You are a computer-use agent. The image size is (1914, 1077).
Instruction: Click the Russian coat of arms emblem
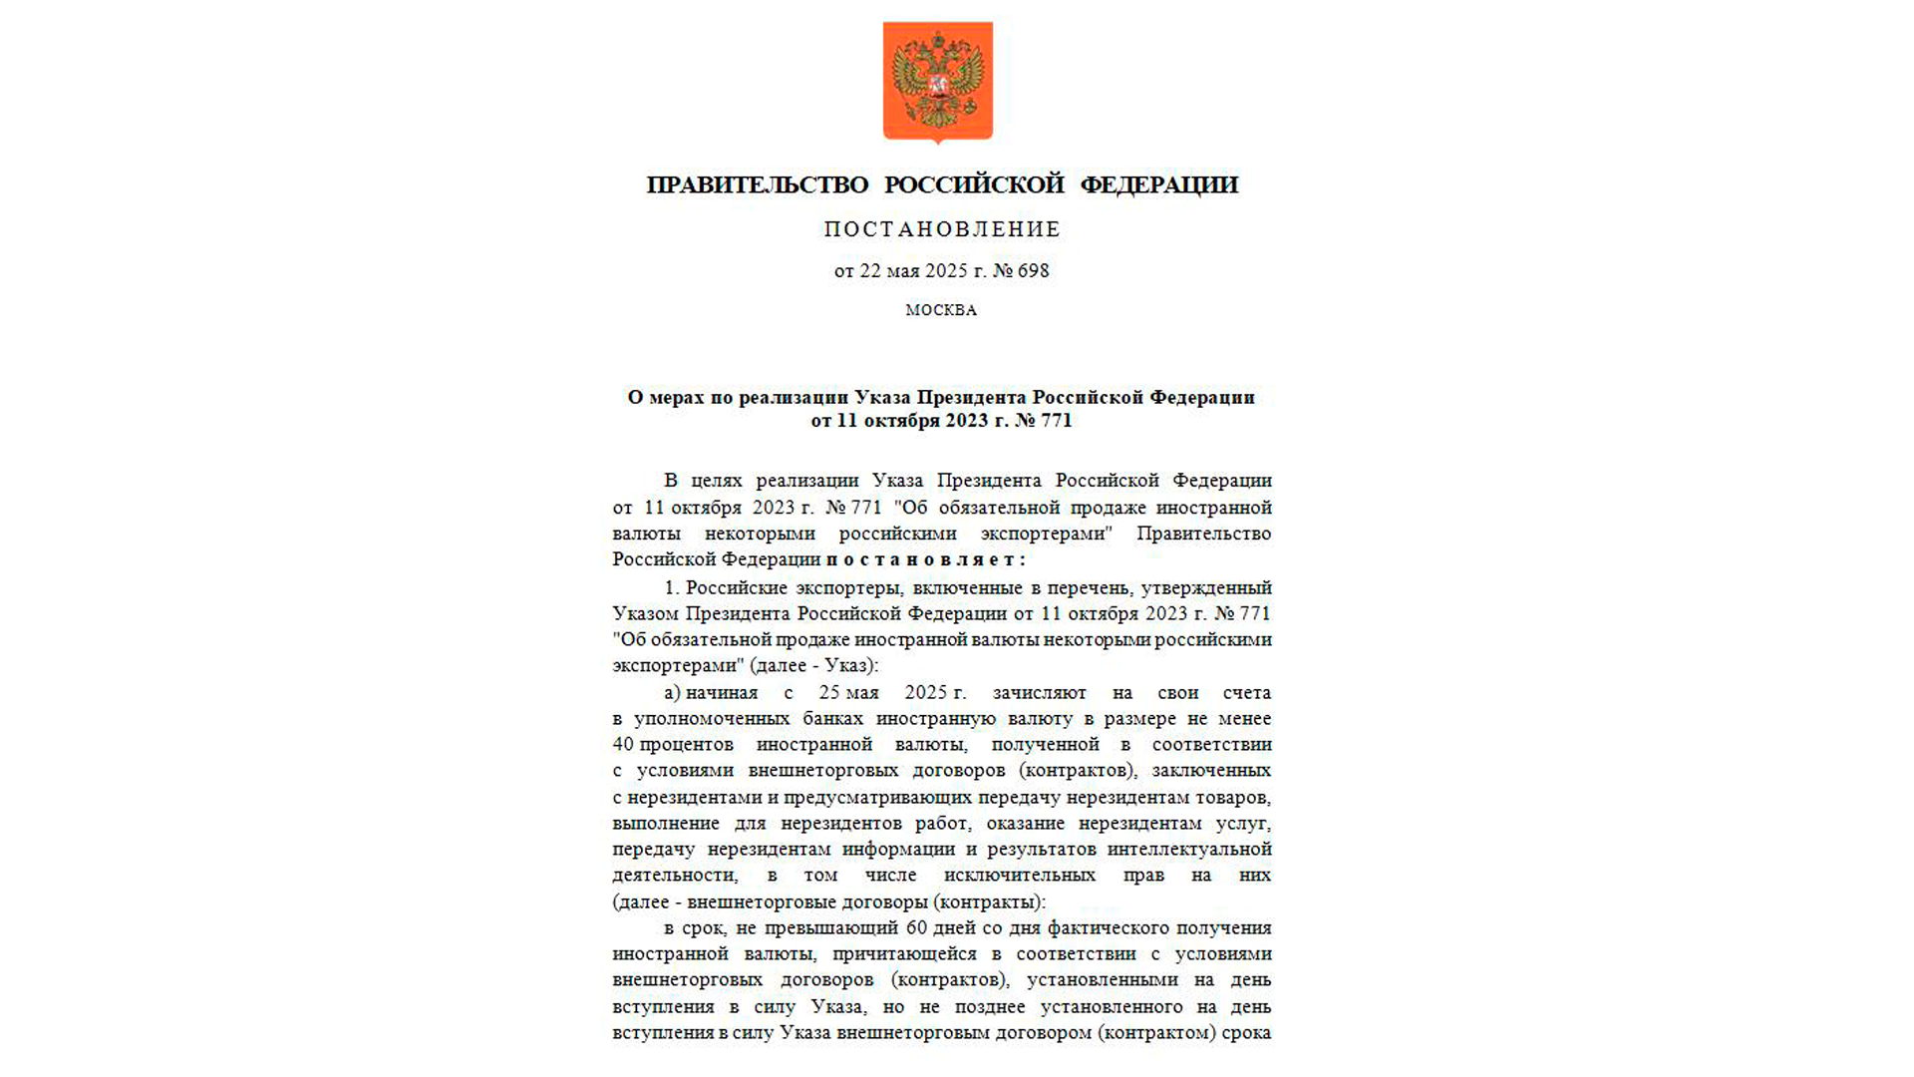(937, 82)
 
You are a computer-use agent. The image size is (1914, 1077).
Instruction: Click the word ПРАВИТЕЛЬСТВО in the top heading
(758, 185)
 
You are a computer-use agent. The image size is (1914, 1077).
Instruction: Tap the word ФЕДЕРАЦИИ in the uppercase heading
(1158, 185)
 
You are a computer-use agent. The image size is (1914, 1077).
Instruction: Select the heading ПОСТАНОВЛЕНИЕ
(942, 230)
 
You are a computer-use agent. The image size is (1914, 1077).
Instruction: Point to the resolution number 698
(1033, 271)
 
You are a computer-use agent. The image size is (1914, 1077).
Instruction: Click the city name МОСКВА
(941, 311)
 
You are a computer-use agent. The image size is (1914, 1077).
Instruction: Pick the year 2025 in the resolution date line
(946, 271)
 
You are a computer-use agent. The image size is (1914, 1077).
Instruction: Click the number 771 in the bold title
(1056, 421)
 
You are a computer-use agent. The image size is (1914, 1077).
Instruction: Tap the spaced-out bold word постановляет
(925, 560)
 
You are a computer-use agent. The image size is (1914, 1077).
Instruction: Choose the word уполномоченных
(712, 719)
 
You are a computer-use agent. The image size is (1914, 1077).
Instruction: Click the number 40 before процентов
(623, 745)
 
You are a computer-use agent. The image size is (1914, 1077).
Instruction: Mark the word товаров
(1235, 798)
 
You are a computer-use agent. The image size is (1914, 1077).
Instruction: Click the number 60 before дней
(916, 928)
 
